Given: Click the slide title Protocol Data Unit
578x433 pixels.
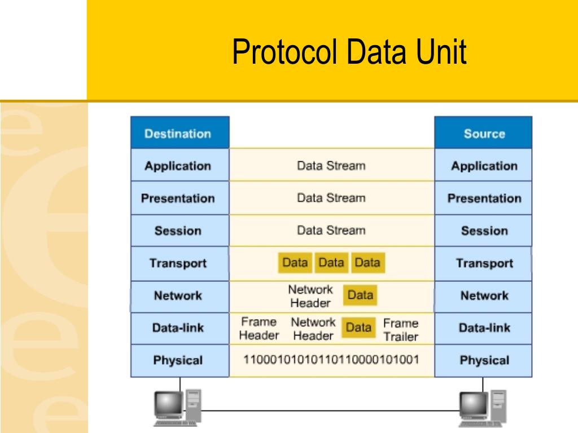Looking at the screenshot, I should (x=349, y=52).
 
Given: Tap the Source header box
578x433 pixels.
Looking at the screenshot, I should (x=483, y=133).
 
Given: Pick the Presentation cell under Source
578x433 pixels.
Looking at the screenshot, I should (x=483, y=198).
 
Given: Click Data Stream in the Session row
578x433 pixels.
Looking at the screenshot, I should (x=331, y=230).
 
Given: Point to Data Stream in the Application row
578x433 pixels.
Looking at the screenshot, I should (x=331, y=166).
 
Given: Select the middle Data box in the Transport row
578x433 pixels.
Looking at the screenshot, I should (x=331, y=263).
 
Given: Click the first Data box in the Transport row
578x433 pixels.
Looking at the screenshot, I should (x=295, y=263).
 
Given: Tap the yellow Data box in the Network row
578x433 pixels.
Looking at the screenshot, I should (x=360, y=295).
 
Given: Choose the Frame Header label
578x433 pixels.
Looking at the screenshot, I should (x=259, y=329).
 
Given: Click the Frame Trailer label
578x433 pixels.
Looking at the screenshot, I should (x=400, y=330).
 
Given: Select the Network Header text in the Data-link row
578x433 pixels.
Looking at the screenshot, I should (x=313, y=329).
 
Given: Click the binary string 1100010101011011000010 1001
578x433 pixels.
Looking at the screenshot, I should (x=331, y=359).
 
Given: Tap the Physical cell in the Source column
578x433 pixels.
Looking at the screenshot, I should (x=483, y=360).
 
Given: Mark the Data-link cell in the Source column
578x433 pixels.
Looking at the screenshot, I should (x=483, y=328).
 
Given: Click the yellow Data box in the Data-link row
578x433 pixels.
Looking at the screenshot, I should (x=358, y=328).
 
